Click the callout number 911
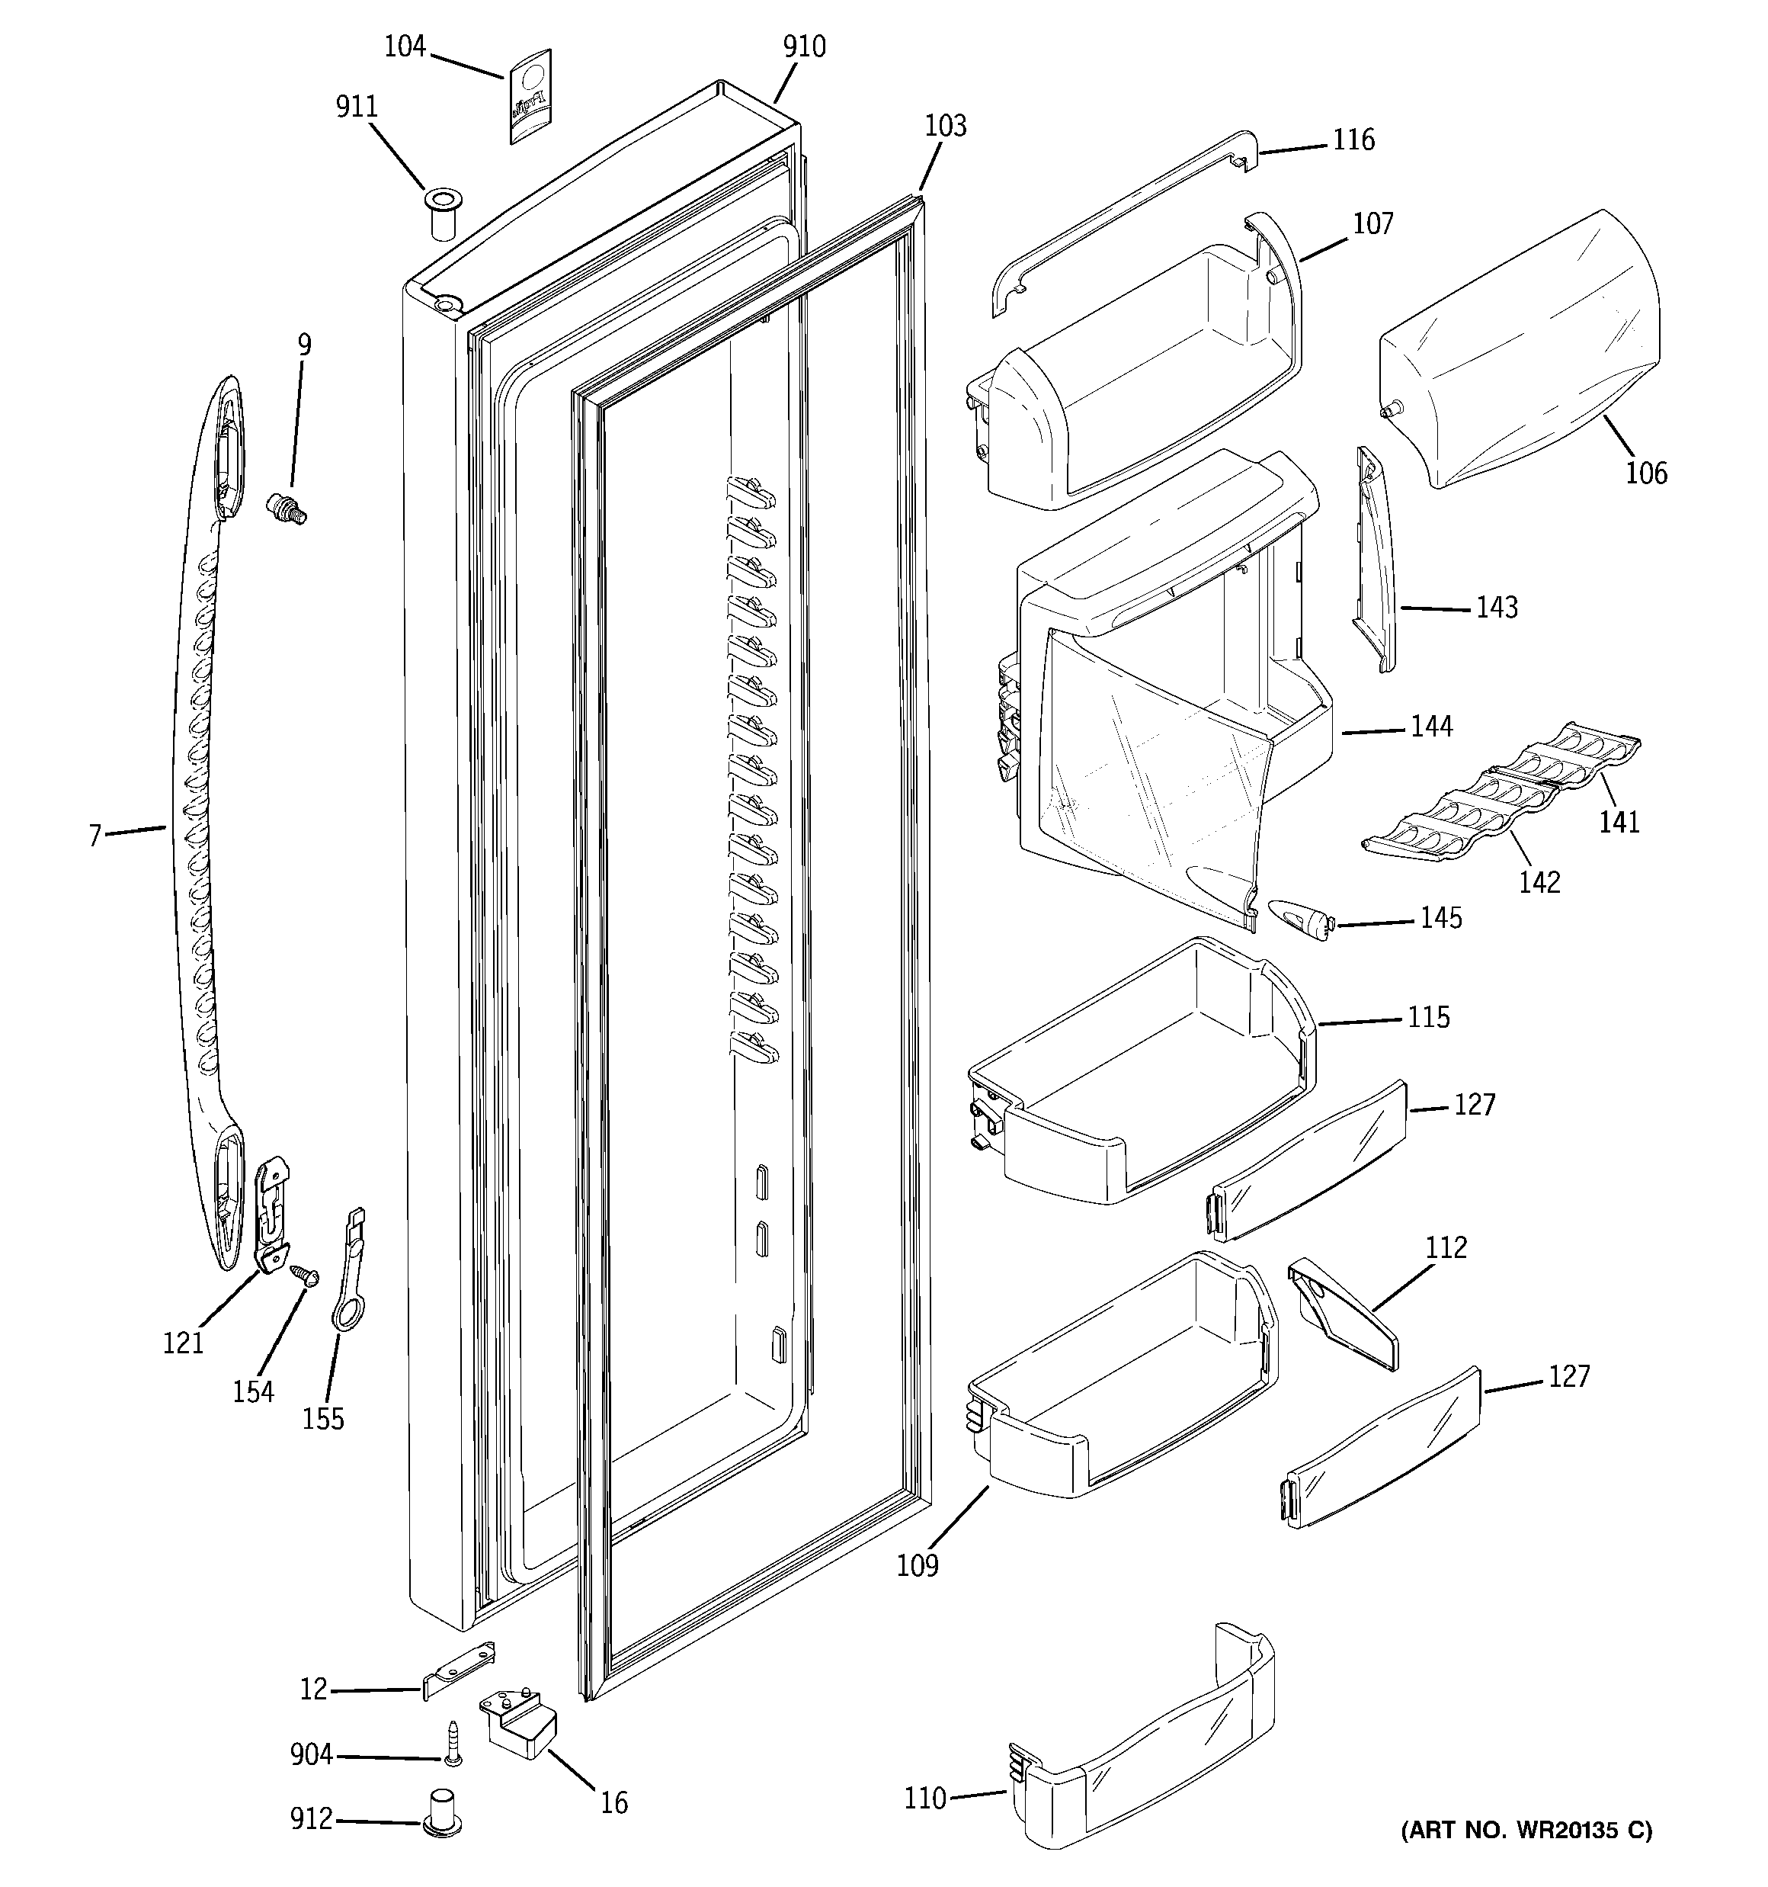point(357,106)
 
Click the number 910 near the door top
point(804,47)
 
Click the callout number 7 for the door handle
point(95,836)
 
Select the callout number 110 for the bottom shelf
point(924,1799)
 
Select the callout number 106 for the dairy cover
point(1645,472)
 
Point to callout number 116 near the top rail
point(1353,140)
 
